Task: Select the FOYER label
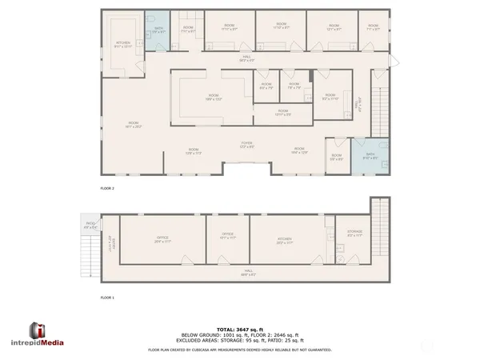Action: pyautogui.click(x=247, y=144)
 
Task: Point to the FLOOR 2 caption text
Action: pyautogui.click(x=107, y=188)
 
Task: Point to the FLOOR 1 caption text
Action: pyautogui.click(x=107, y=298)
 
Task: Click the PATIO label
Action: pyautogui.click(x=90, y=225)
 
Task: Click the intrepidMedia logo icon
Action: pyautogui.click(x=36, y=331)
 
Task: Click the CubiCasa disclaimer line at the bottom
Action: pyautogui.click(x=240, y=350)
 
